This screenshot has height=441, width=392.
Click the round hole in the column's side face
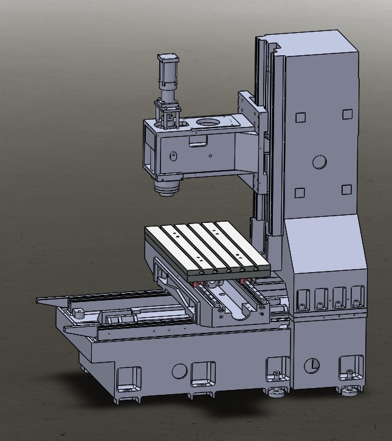[x=319, y=162]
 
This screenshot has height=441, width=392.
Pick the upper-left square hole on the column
[x=300, y=118]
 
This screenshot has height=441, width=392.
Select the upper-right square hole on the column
[x=346, y=114]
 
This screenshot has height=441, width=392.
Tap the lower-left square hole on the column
[x=299, y=193]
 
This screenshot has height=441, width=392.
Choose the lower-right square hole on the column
[x=346, y=190]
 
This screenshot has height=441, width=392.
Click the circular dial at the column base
[x=311, y=365]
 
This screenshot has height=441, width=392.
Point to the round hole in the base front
[x=179, y=371]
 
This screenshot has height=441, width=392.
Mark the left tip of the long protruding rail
[x=38, y=301]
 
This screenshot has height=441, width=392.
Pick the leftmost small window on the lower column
[x=301, y=297]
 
